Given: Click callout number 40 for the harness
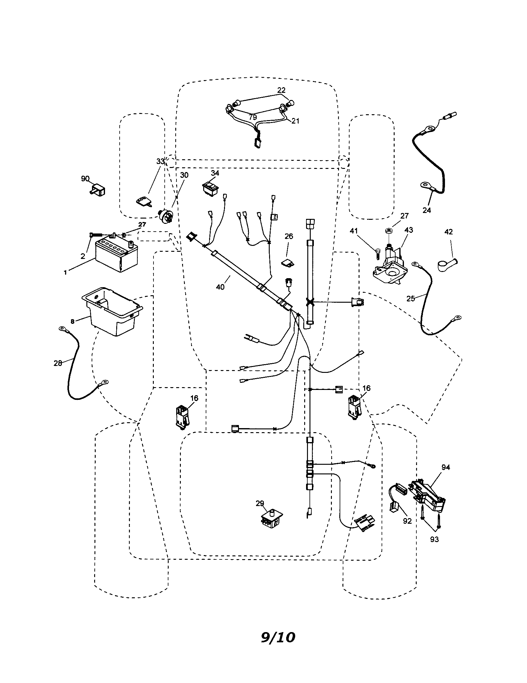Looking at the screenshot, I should [x=220, y=287].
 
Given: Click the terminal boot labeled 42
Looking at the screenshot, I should [x=446, y=264].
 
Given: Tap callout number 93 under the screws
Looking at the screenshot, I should [x=434, y=540].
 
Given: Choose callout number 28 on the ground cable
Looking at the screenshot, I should [x=58, y=364].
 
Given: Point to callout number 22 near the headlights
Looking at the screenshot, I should [x=281, y=90].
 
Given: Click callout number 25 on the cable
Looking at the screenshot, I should [x=410, y=299].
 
